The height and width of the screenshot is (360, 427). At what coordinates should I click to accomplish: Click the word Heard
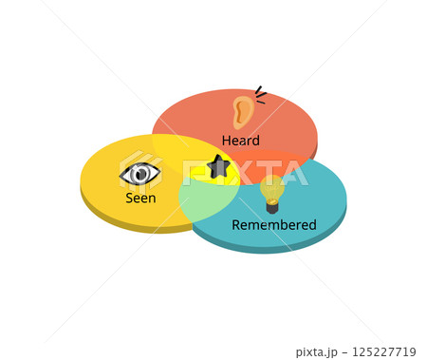(x=240, y=141)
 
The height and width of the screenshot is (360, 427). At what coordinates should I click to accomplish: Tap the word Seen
(x=140, y=199)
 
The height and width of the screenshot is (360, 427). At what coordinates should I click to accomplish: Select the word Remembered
(x=274, y=225)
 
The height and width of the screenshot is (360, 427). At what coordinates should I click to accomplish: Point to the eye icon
(x=140, y=174)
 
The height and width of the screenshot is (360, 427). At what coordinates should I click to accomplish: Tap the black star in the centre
(x=219, y=167)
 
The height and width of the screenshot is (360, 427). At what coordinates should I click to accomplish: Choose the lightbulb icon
(x=272, y=193)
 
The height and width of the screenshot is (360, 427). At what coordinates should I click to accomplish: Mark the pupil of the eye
(x=141, y=174)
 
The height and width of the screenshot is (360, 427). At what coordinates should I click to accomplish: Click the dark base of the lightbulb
(x=272, y=206)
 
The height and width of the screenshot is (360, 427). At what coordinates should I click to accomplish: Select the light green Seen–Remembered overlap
(x=204, y=199)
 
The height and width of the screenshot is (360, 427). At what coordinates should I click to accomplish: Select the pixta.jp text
(x=316, y=352)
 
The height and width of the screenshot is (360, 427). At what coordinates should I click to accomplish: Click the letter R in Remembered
(x=236, y=225)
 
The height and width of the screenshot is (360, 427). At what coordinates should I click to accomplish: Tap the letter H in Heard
(x=226, y=141)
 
